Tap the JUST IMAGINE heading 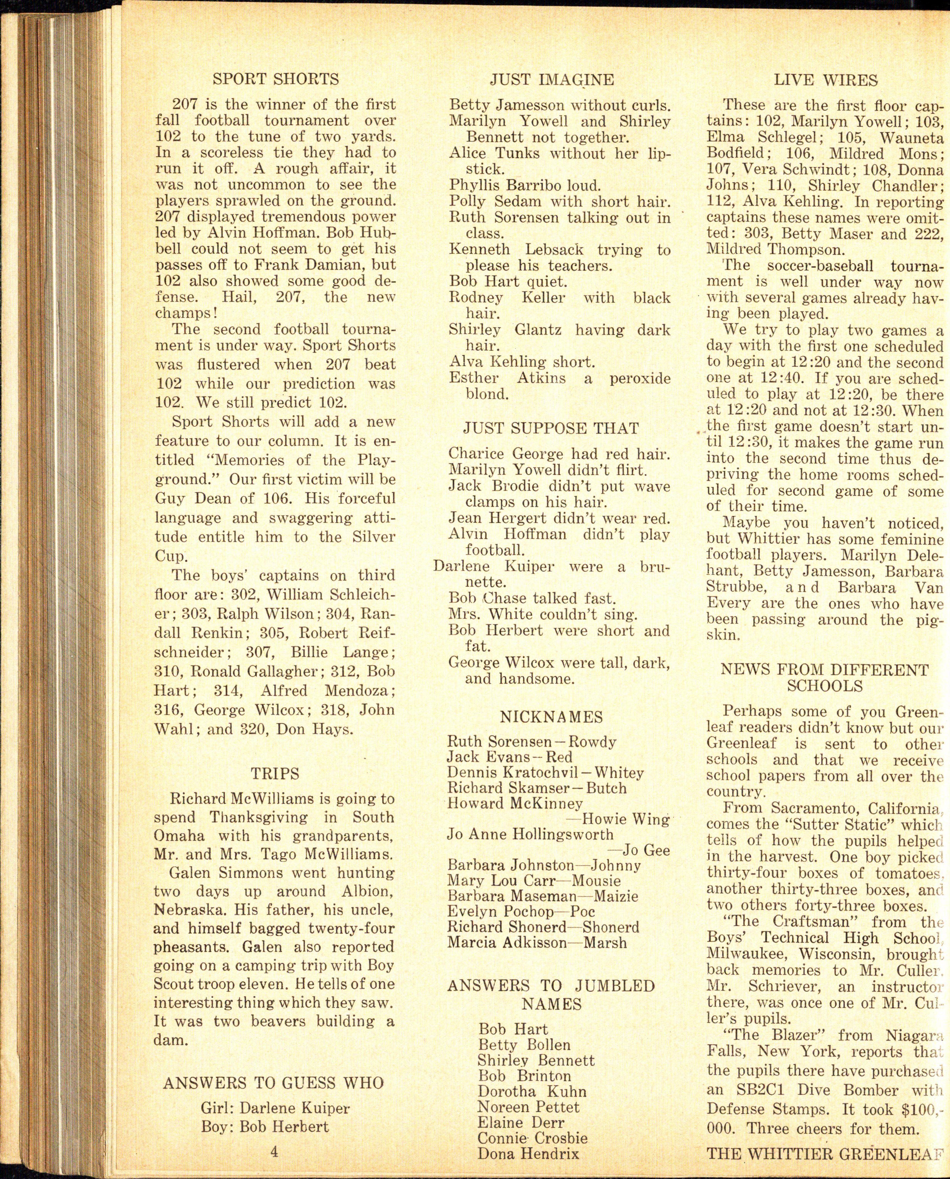point(551,80)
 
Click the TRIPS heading point(275,774)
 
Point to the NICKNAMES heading point(551,717)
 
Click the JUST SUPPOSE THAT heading point(551,428)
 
